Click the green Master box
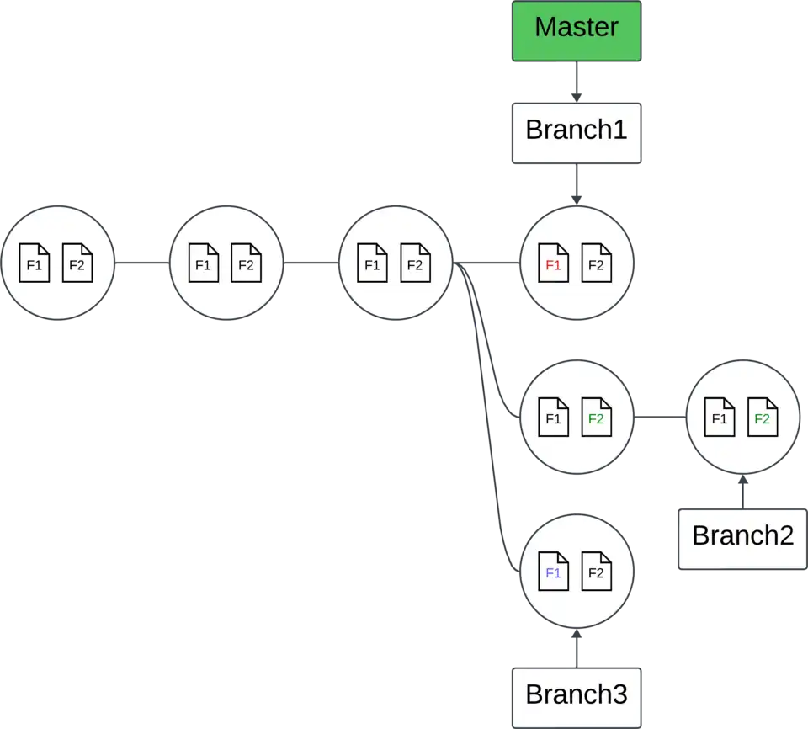pyautogui.click(x=577, y=30)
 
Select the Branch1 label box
pyautogui.click(x=577, y=132)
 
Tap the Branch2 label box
pyautogui.click(x=742, y=537)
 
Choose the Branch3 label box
pyautogui.click(x=577, y=695)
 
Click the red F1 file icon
pyautogui.click(x=553, y=263)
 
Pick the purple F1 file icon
pyautogui.click(x=553, y=572)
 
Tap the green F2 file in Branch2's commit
pyautogui.click(x=762, y=418)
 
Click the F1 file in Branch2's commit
pyautogui.click(x=720, y=418)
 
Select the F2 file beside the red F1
pyautogui.click(x=596, y=263)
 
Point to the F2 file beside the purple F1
pyautogui.click(x=596, y=572)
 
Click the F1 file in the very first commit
pyautogui.click(x=35, y=263)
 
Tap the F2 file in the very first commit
pyautogui.click(x=77, y=263)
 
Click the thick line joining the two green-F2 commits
pyautogui.click(x=660, y=418)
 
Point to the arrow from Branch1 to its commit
pyautogui.click(x=577, y=185)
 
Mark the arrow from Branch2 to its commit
pyautogui.click(x=742, y=492)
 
